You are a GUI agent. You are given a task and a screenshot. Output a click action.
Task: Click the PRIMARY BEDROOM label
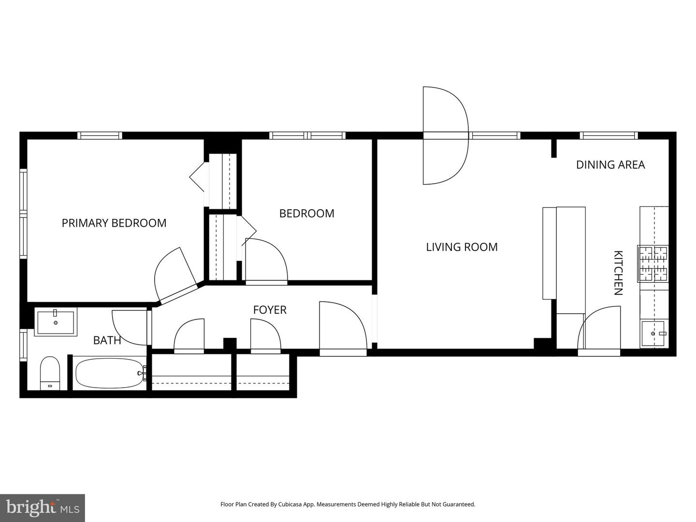[114, 223]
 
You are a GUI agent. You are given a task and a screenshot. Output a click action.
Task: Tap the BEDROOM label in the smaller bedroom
[306, 213]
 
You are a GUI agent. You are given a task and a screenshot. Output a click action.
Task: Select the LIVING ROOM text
[462, 247]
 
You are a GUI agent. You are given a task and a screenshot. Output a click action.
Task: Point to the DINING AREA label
[610, 165]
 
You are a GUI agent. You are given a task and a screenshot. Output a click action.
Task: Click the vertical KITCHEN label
[618, 273]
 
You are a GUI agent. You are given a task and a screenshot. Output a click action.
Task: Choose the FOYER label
[270, 310]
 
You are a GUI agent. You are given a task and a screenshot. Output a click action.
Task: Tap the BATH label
[107, 340]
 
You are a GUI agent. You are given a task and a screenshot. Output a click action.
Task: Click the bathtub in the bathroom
[109, 373]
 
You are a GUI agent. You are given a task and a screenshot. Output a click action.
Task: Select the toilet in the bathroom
[49, 373]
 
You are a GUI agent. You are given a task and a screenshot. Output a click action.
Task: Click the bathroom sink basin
[56, 322]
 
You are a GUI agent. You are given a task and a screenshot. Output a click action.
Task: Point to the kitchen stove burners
[652, 264]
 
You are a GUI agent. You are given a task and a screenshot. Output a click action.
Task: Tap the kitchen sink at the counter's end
[655, 333]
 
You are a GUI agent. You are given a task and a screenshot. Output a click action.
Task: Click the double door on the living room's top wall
[446, 136]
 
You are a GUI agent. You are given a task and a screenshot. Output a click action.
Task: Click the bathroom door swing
[130, 328]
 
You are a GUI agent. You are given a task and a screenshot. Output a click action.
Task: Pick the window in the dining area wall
[609, 136]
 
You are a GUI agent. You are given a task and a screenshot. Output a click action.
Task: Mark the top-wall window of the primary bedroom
[100, 136]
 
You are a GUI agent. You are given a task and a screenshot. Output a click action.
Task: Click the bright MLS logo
[43, 507]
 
